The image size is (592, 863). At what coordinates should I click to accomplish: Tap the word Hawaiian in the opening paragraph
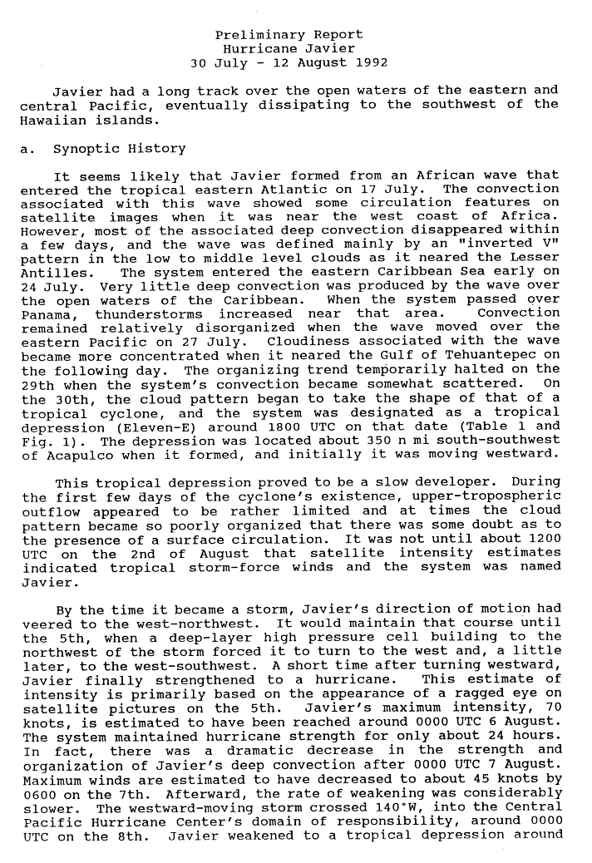pyautogui.click(x=52, y=119)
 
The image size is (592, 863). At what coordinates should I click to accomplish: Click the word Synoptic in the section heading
pyautogui.click(x=84, y=150)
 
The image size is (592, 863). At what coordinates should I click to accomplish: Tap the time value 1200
pyautogui.click(x=540, y=539)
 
